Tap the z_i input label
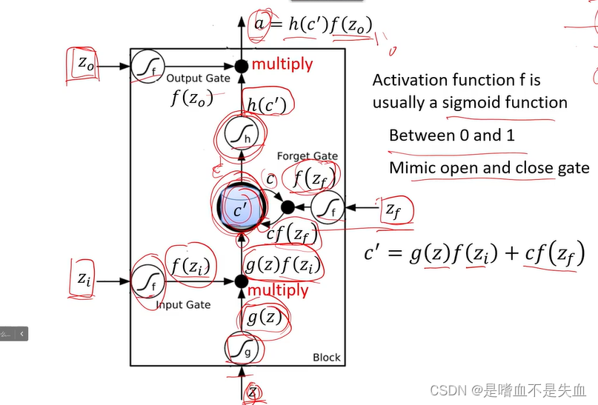coord(84,279)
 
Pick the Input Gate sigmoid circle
coord(145,281)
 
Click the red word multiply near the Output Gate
coord(282,64)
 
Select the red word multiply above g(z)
coord(278,289)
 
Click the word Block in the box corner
coord(326,358)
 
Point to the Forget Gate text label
coord(307,156)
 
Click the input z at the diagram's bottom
coord(253,392)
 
